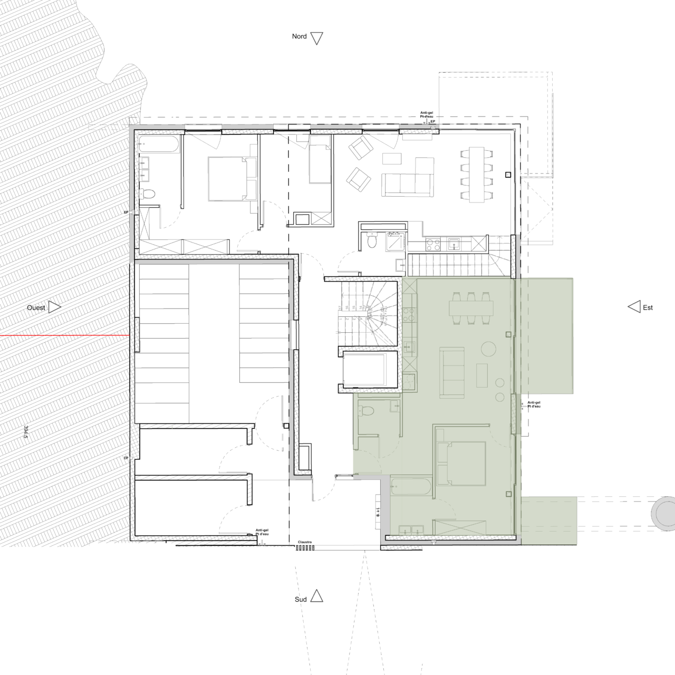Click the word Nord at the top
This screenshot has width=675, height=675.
click(299, 36)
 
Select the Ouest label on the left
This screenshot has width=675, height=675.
click(36, 307)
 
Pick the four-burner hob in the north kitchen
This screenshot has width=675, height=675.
click(433, 244)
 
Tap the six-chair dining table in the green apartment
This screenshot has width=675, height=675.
click(471, 307)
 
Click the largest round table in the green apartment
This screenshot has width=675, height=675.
click(488, 349)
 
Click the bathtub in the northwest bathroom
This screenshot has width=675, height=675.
click(159, 144)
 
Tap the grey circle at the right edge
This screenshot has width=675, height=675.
click(663, 512)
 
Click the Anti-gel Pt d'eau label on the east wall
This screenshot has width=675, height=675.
click(534, 404)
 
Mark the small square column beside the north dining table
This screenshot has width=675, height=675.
click(508, 175)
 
